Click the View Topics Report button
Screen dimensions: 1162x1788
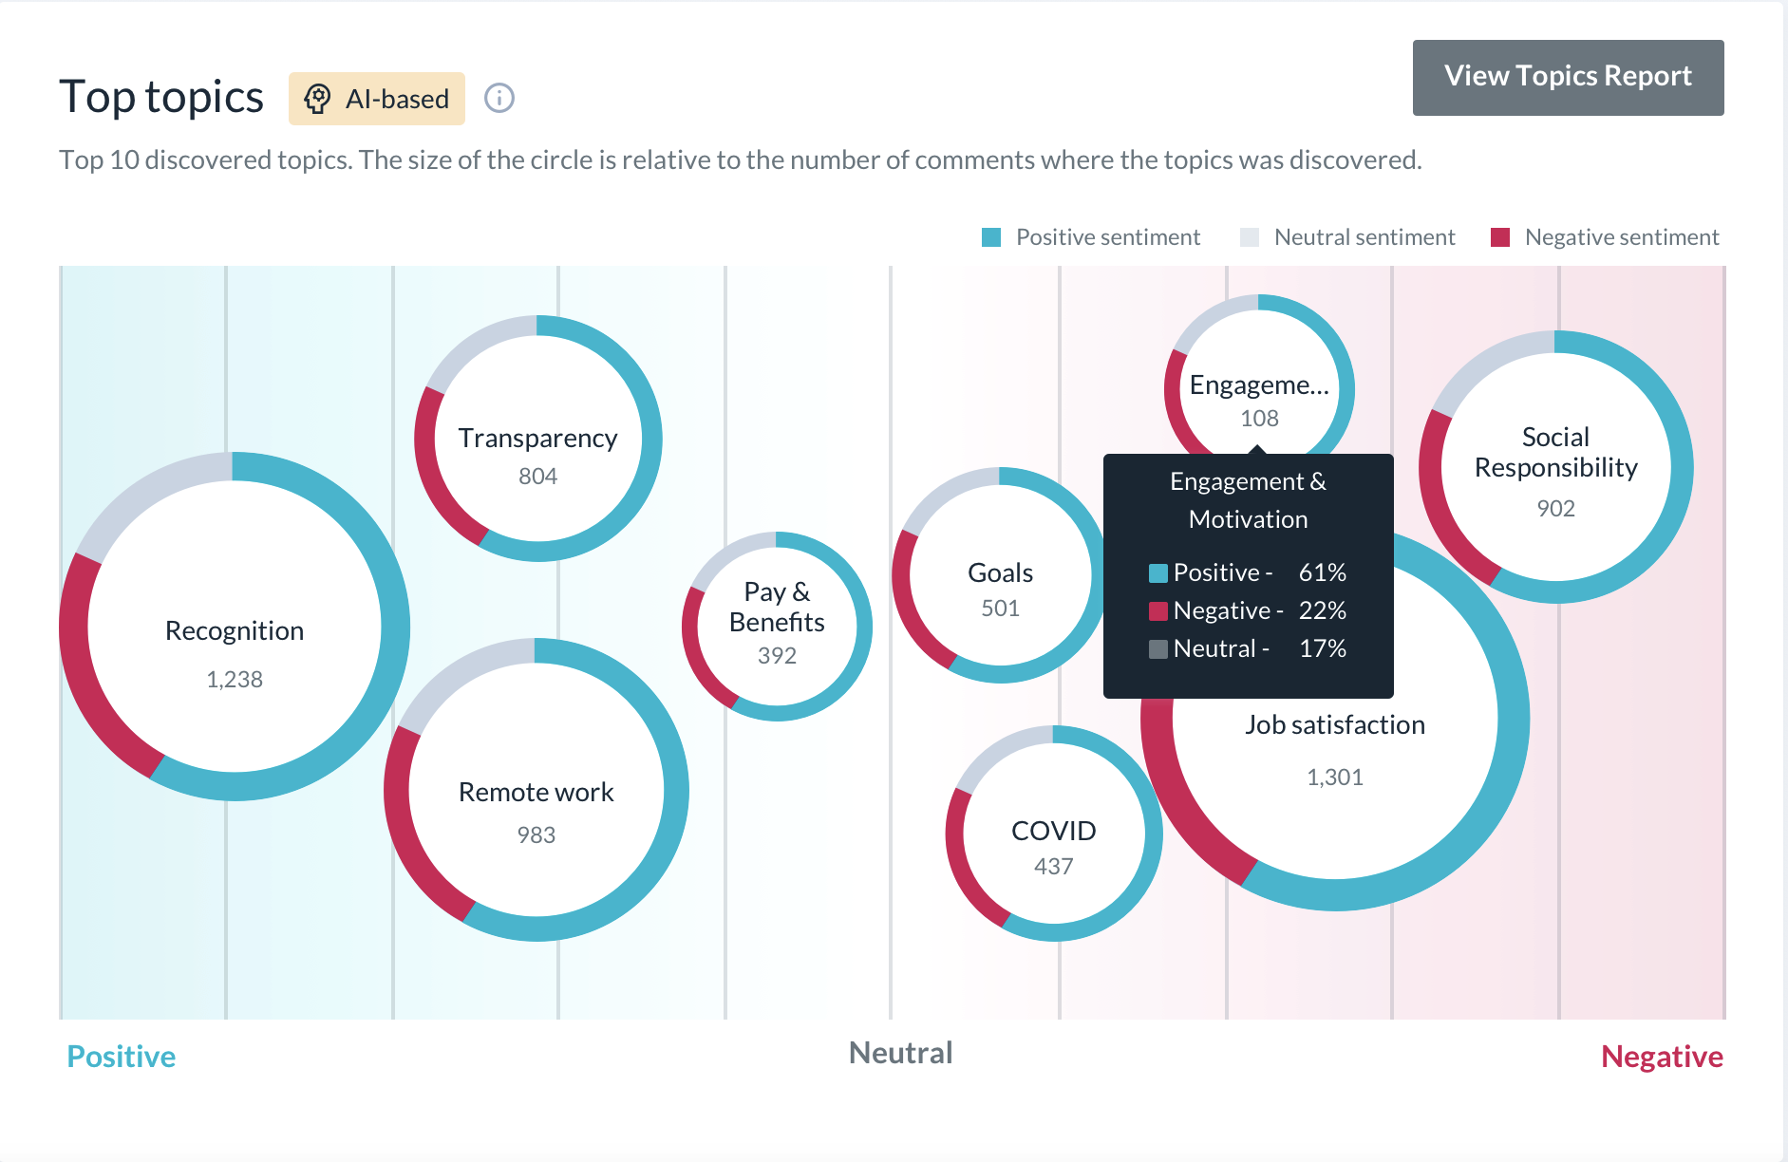(x=1568, y=77)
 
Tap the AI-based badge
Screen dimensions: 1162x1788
(x=377, y=99)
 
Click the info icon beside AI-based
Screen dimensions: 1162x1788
(x=499, y=98)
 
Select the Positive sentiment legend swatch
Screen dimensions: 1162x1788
(x=991, y=237)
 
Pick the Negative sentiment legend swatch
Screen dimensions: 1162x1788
(x=1500, y=237)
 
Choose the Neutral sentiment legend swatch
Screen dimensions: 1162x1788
(x=1250, y=237)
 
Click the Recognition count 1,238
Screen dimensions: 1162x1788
(x=235, y=679)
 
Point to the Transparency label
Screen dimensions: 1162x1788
(x=537, y=438)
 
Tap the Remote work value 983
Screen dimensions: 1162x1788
(x=536, y=834)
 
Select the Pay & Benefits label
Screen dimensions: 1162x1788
(x=777, y=607)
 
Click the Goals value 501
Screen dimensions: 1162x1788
(x=1000, y=609)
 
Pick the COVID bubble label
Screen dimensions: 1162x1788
(x=1054, y=831)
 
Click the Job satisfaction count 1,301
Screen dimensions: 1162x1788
(x=1335, y=778)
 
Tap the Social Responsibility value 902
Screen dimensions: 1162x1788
(x=1555, y=509)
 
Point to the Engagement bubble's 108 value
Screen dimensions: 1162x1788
(x=1259, y=419)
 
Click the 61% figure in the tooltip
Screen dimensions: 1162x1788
(x=1323, y=572)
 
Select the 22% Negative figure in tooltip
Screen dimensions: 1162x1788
(x=1323, y=610)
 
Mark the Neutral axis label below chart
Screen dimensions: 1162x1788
(x=900, y=1053)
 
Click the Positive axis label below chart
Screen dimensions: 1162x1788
(x=122, y=1057)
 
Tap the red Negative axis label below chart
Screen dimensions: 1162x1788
(x=1662, y=1057)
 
